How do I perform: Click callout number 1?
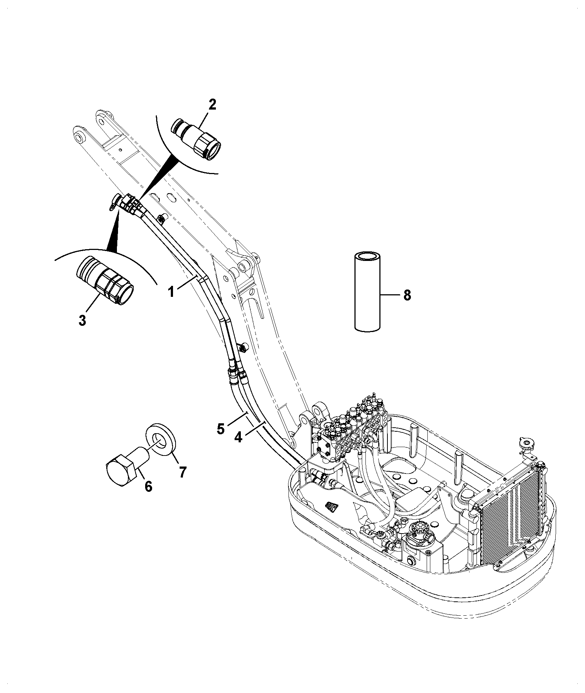(171, 292)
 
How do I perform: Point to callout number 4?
(238, 437)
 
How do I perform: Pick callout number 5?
(220, 428)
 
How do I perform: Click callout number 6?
(148, 486)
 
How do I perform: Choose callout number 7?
(182, 472)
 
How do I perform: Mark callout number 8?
(407, 295)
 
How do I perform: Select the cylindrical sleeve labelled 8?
(368, 291)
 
